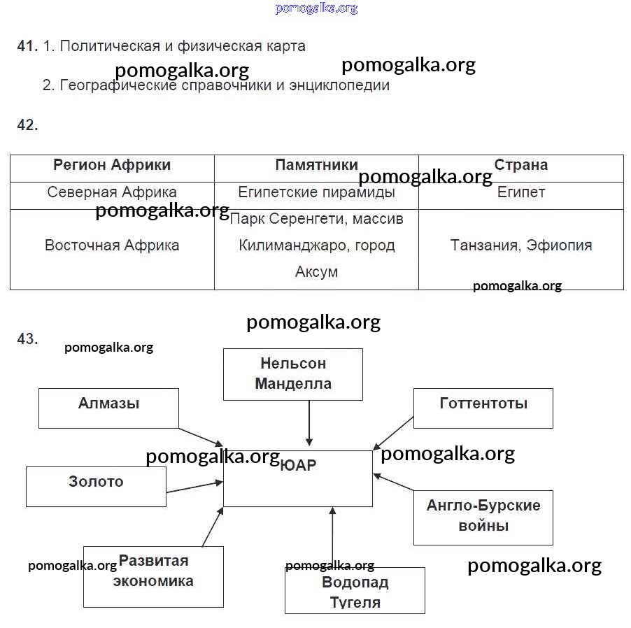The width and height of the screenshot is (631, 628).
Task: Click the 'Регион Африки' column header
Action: coord(112,166)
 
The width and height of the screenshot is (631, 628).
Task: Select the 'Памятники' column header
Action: coord(316,166)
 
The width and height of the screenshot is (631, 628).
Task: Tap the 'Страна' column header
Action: coord(520,166)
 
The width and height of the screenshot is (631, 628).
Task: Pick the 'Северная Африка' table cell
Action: coord(112,192)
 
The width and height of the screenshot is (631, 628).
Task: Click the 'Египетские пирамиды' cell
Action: coord(316,192)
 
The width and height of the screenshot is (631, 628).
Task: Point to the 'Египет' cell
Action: coord(520,192)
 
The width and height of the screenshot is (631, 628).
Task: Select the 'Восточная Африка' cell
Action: coord(112,245)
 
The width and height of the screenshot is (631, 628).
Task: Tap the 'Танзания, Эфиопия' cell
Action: coord(520,245)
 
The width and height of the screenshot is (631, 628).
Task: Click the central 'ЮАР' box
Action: coord(298,478)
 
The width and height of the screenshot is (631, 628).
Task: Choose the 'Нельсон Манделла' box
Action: coord(293,374)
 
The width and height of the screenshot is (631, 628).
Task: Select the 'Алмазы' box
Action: coord(108,408)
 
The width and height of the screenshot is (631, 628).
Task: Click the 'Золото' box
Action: coord(96,486)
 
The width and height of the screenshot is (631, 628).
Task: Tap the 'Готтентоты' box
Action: coord(483,408)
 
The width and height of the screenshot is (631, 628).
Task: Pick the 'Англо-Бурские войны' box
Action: coord(483,517)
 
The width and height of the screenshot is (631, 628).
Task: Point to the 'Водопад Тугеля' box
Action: coord(355,591)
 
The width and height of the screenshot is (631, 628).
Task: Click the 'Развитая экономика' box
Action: coord(153,576)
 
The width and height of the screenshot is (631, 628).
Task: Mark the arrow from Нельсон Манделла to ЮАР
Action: coord(309,423)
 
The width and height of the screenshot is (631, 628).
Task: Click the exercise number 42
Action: coord(27,125)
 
